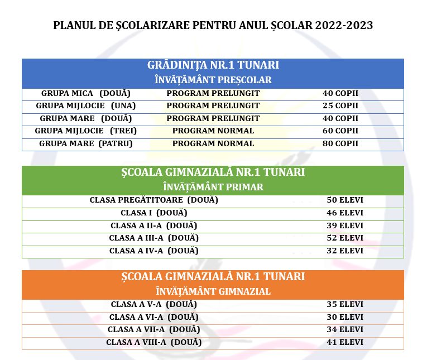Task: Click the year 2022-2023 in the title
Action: (x=344, y=26)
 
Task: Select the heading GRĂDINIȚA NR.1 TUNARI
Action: (x=213, y=65)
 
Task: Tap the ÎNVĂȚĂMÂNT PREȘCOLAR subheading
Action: (x=213, y=80)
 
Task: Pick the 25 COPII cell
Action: (x=340, y=105)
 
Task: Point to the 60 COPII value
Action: (x=340, y=131)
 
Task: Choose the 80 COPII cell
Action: (x=340, y=143)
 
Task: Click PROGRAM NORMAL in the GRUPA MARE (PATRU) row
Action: (x=213, y=143)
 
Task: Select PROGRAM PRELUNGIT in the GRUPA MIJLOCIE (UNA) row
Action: (x=213, y=105)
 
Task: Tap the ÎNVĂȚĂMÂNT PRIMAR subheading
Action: (x=213, y=187)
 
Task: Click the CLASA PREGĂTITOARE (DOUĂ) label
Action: (x=154, y=200)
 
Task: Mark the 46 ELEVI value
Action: (x=345, y=213)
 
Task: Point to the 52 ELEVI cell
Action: (x=345, y=238)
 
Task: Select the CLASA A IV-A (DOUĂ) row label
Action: (x=154, y=251)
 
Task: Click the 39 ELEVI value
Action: (x=345, y=225)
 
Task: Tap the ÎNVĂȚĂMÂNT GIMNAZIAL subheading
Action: (x=213, y=291)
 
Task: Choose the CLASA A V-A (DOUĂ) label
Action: (x=154, y=304)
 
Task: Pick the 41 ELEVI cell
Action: (x=345, y=342)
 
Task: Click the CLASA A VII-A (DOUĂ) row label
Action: (x=154, y=329)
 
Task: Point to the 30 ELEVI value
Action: (x=345, y=317)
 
